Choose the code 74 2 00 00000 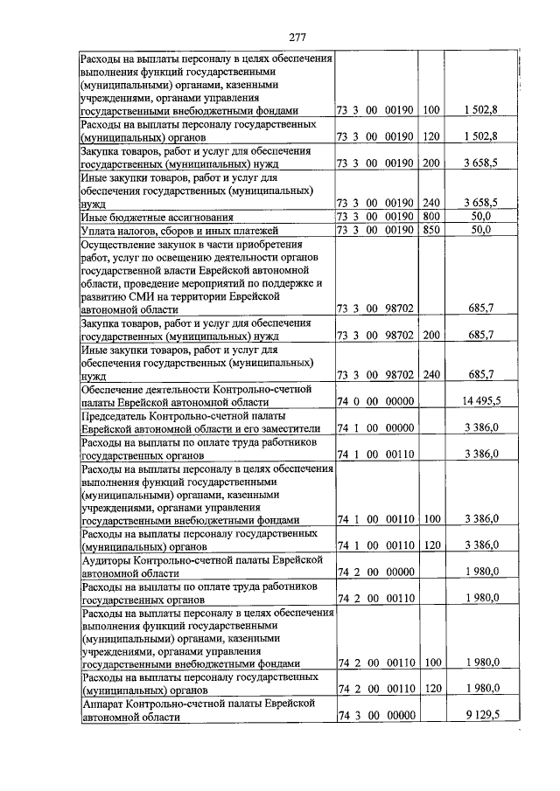375,572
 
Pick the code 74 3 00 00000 375,716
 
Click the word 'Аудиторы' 108,559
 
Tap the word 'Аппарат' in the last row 102,703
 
